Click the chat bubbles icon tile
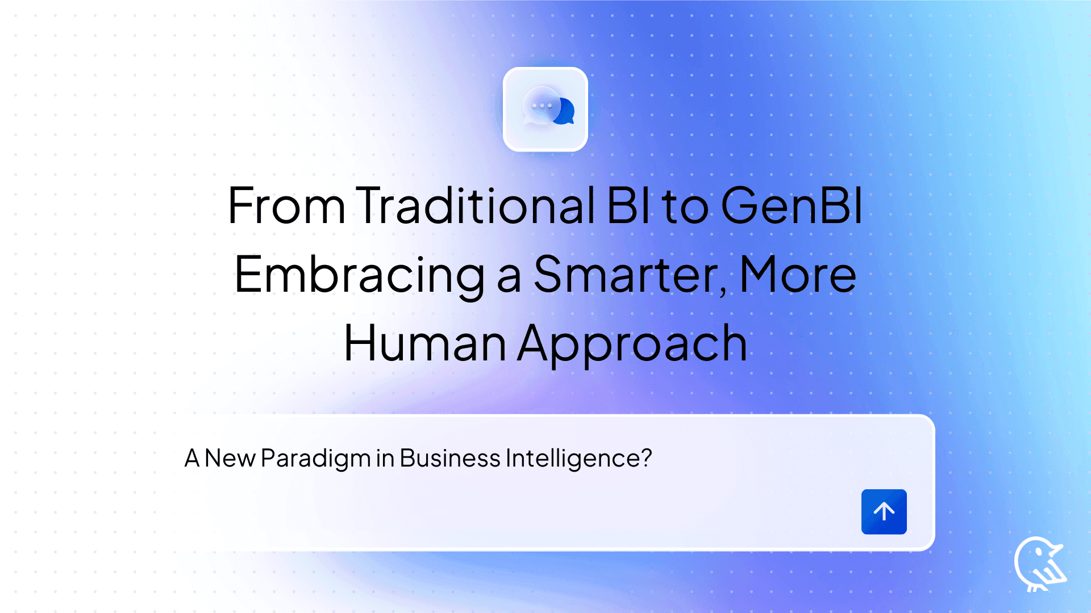click(x=545, y=109)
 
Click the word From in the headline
click(x=286, y=205)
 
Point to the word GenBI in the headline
click(x=792, y=205)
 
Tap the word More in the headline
click(x=798, y=275)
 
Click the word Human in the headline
click(x=425, y=344)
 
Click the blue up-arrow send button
click(x=884, y=511)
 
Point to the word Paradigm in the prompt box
click(x=315, y=459)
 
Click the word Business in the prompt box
click(x=449, y=458)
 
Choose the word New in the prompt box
click(x=230, y=458)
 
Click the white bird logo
click(x=1039, y=564)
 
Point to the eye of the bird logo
click(x=1039, y=551)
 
